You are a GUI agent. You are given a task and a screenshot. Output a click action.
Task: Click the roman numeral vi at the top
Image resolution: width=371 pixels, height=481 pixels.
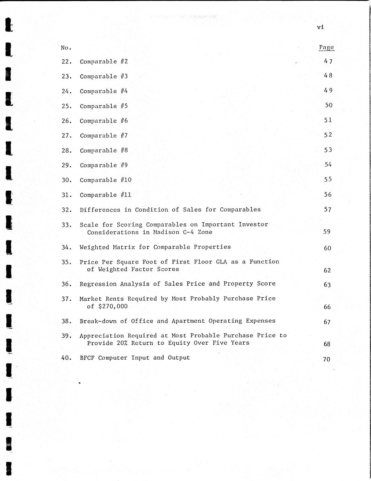pyautogui.click(x=321, y=27)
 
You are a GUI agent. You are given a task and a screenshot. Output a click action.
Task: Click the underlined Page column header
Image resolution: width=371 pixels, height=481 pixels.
pyautogui.click(x=326, y=47)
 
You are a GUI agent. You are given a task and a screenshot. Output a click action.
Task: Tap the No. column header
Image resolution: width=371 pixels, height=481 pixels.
pyautogui.click(x=66, y=48)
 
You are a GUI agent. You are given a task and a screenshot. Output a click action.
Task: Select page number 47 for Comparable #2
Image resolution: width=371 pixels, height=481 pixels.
pyautogui.click(x=328, y=61)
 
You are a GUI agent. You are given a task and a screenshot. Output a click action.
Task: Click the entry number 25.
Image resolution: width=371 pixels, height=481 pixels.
pyautogui.click(x=66, y=106)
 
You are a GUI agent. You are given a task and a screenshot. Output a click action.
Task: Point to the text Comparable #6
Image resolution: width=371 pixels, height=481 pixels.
pyautogui.click(x=104, y=121)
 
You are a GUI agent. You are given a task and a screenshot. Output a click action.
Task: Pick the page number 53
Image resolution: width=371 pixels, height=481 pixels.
pyautogui.click(x=328, y=150)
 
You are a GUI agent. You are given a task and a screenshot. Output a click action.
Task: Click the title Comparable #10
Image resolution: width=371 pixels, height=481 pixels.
pyautogui.click(x=105, y=180)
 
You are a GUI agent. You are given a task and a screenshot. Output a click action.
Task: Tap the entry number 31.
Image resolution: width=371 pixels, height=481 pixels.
pyautogui.click(x=66, y=195)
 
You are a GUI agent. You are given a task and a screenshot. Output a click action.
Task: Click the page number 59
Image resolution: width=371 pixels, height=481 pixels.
pyautogui.click(x=327, y=232)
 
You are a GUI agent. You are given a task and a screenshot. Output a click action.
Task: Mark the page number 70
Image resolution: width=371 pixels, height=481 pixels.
pyautogui.click(x=326, y=359)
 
